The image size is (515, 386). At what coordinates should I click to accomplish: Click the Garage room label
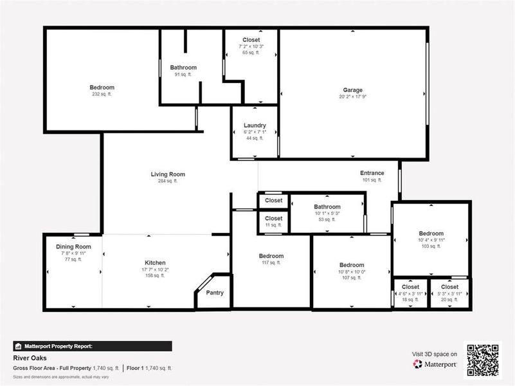pyautogui.click(x=352, y=90)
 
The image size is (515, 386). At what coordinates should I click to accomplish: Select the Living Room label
pyautogui.click(x=168, y=174)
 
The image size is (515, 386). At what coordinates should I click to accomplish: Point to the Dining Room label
pyautogui.click(x=73, y=246)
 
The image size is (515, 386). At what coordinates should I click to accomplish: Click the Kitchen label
pyautogui.click(x=155, y=262)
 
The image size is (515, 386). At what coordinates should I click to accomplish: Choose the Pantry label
pyautogui.click(x=215, y=293)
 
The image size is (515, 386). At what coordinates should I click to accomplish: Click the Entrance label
pyautogui.click(x=372, y=173)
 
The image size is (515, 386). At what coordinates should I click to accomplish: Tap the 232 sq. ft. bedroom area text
pyautogui.click(x=102, y=95)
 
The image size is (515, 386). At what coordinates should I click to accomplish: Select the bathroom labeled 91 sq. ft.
pyautogui.click(x=183, y=68)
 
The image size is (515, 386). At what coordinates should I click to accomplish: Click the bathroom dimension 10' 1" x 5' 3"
pyautogui.click(x=327, y=214)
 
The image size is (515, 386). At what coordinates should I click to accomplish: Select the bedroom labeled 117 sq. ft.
pyautogui.click(x=271, y=256)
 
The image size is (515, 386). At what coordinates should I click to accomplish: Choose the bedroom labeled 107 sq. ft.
pyautogui.click(x=352, y=265)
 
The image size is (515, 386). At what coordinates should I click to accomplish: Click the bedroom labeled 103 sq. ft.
pyautogui.click(x=431, y=234)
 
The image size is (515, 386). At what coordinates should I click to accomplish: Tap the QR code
pyautogui.click(x=483, y=360)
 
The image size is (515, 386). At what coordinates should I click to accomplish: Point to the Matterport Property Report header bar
pyautogui.click(x=93, y=346)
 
